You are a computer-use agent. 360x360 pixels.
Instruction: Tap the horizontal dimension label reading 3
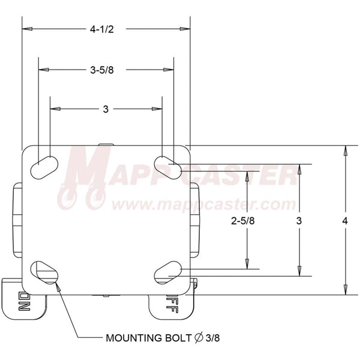point(106,109)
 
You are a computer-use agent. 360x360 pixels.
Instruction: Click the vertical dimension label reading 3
point(298,221)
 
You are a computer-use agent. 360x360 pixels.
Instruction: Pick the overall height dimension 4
point(344,221)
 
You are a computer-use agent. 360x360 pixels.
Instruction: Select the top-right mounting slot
point(169,164)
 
